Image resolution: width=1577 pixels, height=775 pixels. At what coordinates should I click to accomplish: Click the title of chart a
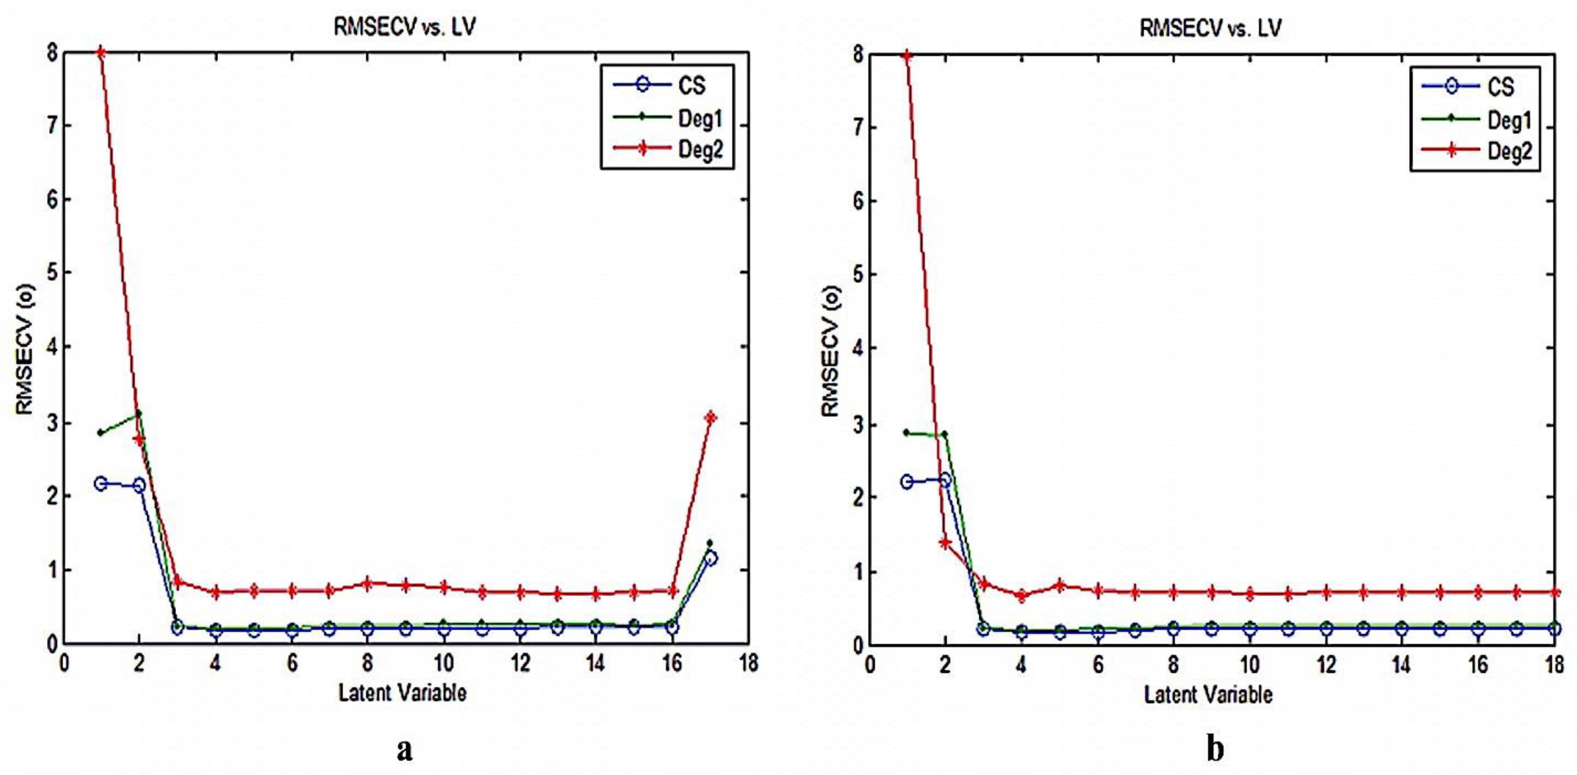(404, 27)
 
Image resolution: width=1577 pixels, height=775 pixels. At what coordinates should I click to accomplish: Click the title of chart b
(1210, 28)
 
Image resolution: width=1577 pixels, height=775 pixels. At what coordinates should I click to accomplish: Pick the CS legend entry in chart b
(1500, 86)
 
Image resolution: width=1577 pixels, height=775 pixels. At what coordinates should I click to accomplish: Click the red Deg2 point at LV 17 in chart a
(710, 418)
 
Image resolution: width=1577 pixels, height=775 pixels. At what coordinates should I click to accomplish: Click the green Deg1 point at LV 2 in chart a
(139, 413)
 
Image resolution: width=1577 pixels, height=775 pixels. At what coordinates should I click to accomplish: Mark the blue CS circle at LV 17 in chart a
(711, 559)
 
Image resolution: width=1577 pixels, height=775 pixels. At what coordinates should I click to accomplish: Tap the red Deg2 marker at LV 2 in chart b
(945, 543)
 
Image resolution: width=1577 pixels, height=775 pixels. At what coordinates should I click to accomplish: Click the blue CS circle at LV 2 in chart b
(945, 480)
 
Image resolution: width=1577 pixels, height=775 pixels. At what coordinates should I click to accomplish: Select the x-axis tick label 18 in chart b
(1554, 664)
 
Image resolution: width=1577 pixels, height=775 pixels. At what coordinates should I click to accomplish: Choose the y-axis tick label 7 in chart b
(858, 128)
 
